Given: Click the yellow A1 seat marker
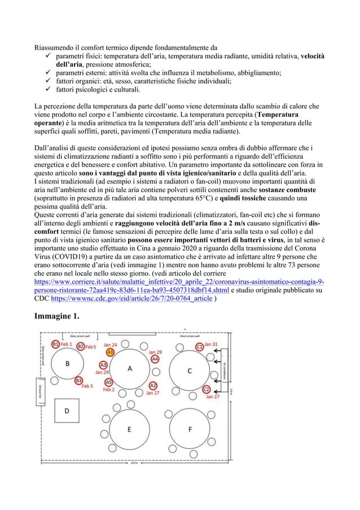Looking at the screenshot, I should point(111,352).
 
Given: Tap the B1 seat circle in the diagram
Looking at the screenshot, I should point(55,344).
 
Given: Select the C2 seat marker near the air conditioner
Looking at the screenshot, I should point(207,389).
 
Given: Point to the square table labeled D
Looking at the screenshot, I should point(66,411).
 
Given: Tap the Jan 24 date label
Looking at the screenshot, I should point(110,344).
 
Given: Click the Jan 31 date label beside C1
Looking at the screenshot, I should point(212,344).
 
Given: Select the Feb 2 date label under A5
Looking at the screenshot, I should point(108,390).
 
